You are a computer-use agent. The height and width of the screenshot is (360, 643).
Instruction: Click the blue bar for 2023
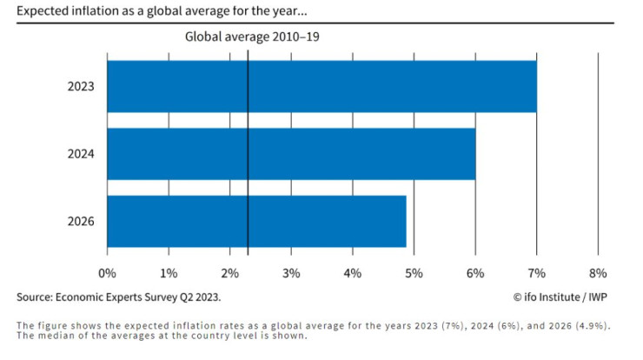[x=321, y=87]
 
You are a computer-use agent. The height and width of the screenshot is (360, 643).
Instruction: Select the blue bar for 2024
[x=291, y=154]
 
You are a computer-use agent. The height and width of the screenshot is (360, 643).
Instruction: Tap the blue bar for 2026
[x=256, y=221]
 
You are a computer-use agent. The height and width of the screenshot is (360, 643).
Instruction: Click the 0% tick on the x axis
[x=107, y=273]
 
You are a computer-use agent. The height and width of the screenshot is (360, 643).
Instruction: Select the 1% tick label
[x=169, y=273]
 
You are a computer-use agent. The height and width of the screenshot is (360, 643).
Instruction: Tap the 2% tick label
[x=229, y=273]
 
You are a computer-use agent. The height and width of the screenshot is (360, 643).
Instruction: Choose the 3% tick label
[x=291, y=273]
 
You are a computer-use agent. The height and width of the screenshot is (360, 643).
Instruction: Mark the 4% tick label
[x=353, y=273]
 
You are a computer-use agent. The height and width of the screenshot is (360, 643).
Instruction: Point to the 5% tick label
[x=414, y=273]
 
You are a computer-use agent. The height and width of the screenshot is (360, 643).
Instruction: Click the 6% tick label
[x=475, y=273]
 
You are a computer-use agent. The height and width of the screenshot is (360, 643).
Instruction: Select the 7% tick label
[x=536, y=273]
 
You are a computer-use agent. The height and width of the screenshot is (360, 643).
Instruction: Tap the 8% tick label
[x=598, y=273]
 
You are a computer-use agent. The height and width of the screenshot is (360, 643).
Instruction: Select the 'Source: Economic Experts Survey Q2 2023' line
[x=118, y=297]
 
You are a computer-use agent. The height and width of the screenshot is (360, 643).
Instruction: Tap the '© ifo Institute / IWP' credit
[x=560, y=297]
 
